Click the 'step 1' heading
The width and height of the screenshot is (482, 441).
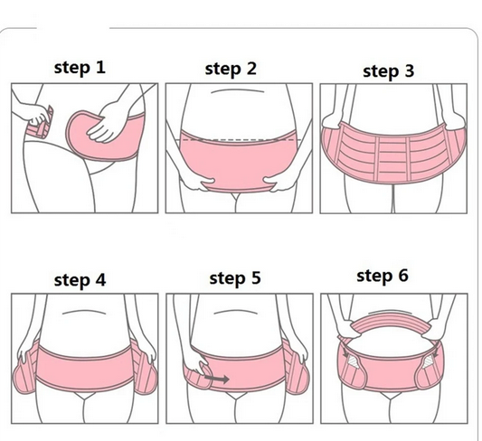[x=80, y=68]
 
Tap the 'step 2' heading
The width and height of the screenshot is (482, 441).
[x=231, y=69]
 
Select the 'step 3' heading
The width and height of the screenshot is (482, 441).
[x=389, y=71]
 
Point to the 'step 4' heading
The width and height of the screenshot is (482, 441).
[x=80, y=280]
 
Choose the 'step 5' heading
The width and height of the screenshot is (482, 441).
[x=235, y=278]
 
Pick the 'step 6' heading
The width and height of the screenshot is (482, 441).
[x=383, y=276]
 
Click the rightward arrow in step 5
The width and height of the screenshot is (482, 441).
[x=216, y=380]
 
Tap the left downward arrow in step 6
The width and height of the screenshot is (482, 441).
[x=346, y=352]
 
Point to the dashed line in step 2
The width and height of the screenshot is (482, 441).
[x=241, y=140]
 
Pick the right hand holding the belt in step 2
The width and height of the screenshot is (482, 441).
[x=280, y=183]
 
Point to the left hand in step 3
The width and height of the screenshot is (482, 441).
[x=333, y=122]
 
